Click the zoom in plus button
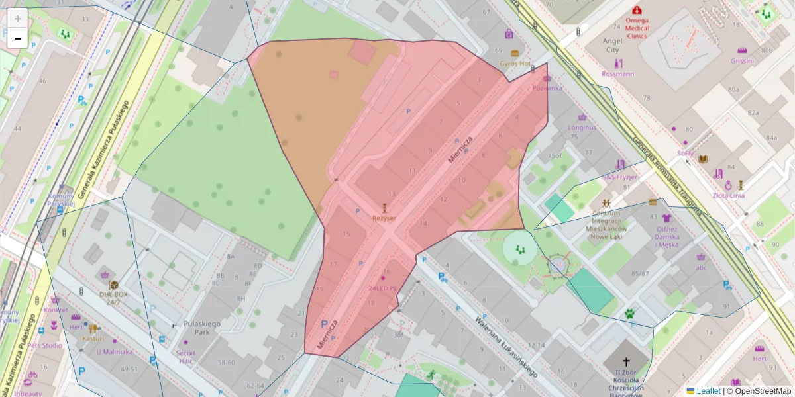coord(18,19)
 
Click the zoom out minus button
coord(18,38)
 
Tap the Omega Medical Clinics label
coord(637,28)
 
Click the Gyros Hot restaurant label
coord(515,64)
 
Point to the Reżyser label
coord(384,218)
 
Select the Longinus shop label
coord(582,127)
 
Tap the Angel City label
coord(611,45)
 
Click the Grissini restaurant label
coord(742,61)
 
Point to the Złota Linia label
coord(728,195)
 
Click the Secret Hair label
coord(186,357)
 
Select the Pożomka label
coord(547,87)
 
